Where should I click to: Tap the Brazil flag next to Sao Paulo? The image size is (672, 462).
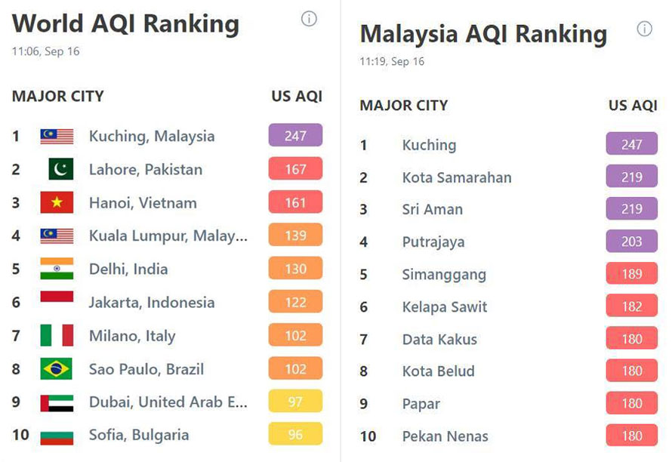[x=57, y=369]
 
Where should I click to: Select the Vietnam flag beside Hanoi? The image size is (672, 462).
[x=57, y=202]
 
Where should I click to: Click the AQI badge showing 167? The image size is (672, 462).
[x=295, y=169]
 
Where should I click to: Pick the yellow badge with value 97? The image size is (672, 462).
[x=295, y=402]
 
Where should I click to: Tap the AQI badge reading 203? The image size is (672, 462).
[x=632, y=242]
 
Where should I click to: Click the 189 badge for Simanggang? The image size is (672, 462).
[x=632, y=274]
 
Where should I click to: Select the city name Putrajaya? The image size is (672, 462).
[x=433, y=242]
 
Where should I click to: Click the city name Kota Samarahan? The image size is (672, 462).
[x=457, y=177]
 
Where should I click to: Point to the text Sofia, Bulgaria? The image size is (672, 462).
[x=139, y=435]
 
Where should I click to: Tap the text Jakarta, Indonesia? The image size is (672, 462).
[x=152, y=302]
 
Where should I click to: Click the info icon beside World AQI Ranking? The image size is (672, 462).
[x=309, y=20]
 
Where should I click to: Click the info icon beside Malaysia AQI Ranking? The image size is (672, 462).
[x=644, y=29]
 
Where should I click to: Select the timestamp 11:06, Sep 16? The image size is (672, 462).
[x=45, y=52]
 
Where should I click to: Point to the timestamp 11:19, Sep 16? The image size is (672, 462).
[x=392, y=61]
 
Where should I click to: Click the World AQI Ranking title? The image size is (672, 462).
[x=125, y=24]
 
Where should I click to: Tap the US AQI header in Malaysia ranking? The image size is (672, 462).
[x=633, y=106]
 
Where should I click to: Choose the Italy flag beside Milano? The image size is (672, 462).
[x=57, y=335]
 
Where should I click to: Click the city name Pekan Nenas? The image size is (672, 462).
[x=445, y=436]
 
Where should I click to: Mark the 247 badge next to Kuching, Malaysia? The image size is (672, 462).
[x=295, y=136]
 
